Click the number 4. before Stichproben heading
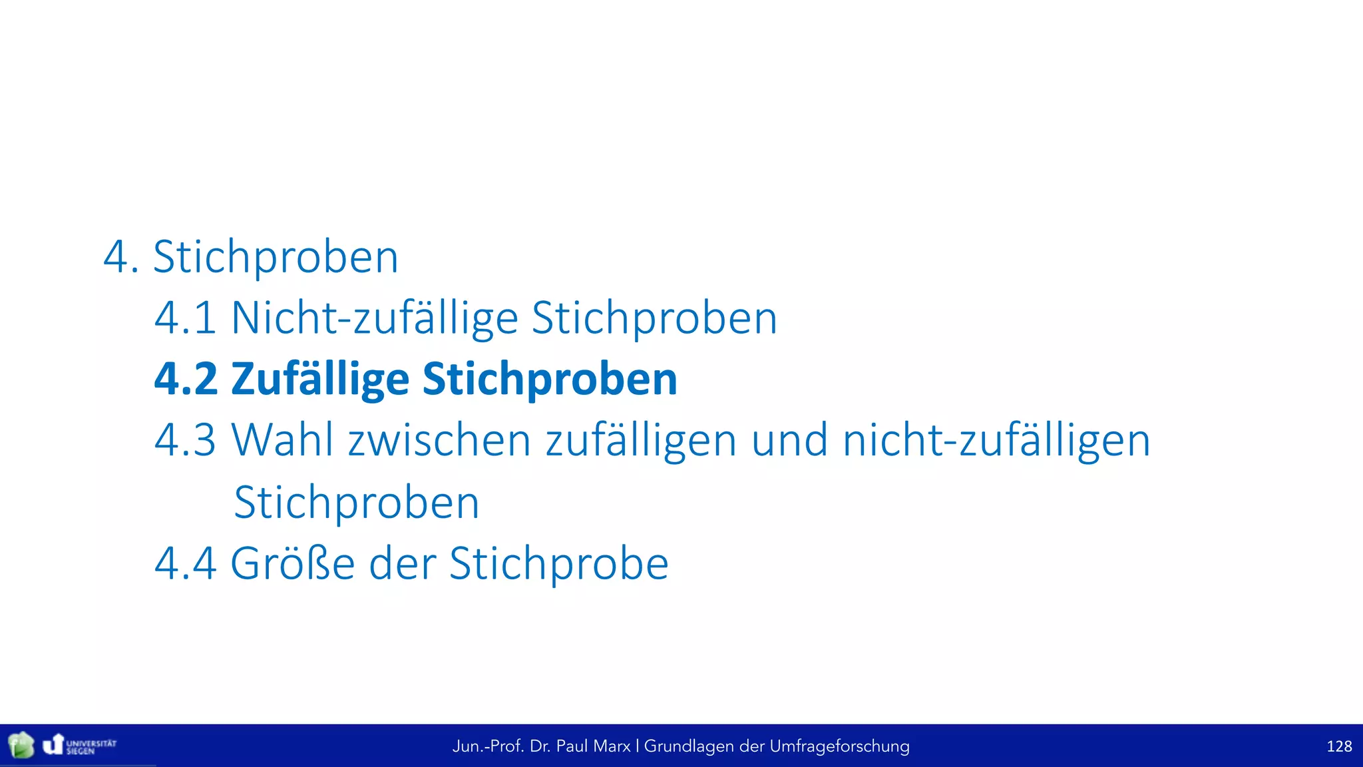(x=121, y=257)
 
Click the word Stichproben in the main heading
(x=276, y=257)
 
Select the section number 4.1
(x=185, y=318)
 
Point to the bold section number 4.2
(x=186, y=379)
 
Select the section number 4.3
(x=185, y=440)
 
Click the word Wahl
(x=282, y=440)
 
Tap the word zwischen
(x=439, y=441)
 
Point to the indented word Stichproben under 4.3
(x=357, y=503)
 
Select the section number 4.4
(x=185, y=563)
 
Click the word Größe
(x=292, y=564)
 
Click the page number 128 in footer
(x=1338, y=746)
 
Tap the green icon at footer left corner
(x=21, y=745)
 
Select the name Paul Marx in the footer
(x=593, y=746)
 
